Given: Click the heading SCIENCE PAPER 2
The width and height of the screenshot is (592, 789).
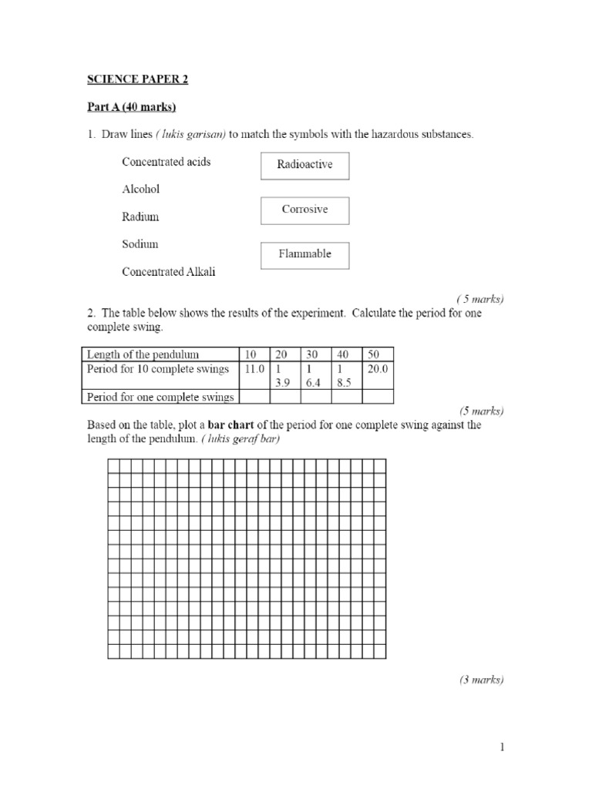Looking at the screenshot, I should point(136,79).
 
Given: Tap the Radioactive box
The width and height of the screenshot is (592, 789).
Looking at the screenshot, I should point(305,166).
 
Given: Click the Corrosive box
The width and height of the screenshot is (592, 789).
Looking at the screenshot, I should point(305,210).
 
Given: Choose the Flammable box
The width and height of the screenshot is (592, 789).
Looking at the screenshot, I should point(305,255).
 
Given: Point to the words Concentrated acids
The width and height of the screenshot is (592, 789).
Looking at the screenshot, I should point(166,162).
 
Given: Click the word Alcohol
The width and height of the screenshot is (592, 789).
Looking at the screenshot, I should point(141,189).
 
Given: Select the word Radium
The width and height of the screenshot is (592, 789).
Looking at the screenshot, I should point(140,217).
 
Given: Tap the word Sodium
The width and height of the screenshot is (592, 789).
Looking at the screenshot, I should point(140,244).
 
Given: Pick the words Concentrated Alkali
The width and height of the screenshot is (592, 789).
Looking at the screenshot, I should point(174,272).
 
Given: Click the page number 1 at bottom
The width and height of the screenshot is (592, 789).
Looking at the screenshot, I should point(501,747).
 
